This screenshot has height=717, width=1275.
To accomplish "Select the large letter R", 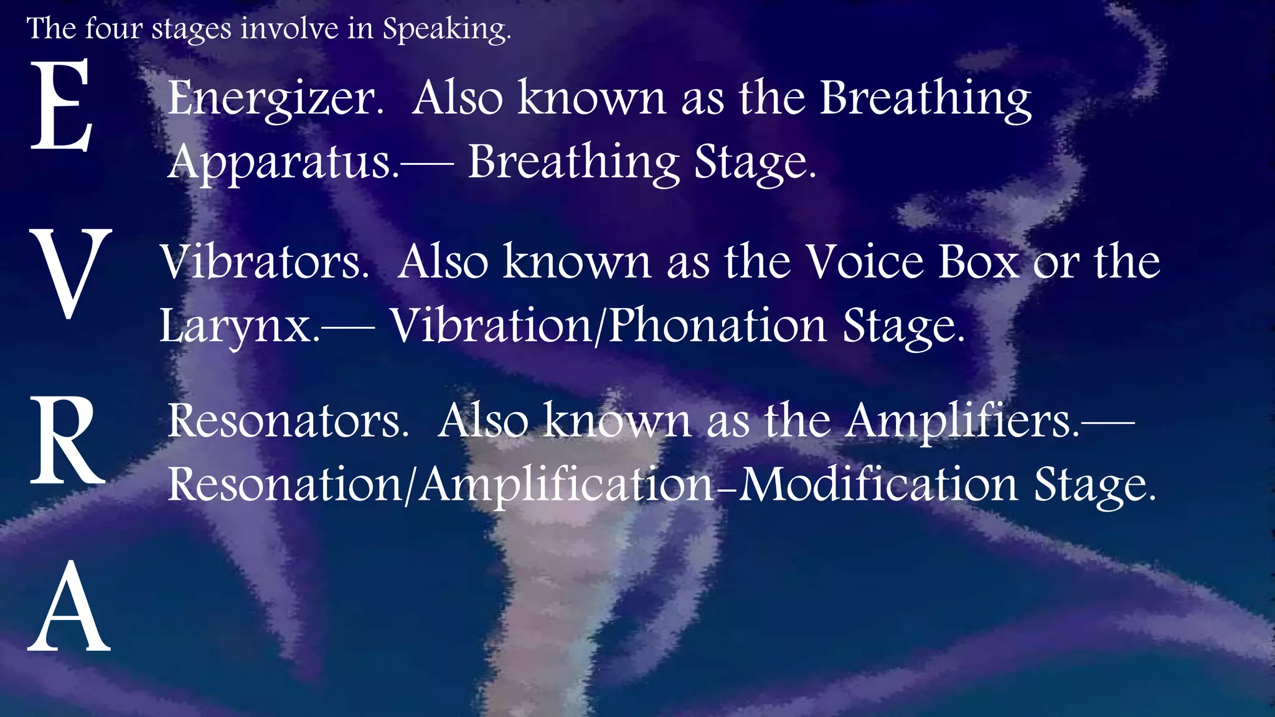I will (x=67, y=441).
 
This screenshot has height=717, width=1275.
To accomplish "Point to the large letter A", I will (x=69, y=607).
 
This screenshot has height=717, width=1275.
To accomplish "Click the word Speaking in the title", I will (x=446, y=29).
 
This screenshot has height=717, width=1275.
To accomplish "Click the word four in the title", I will (x=114, y=29).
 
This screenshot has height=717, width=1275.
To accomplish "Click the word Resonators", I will (x=288, y=422).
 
